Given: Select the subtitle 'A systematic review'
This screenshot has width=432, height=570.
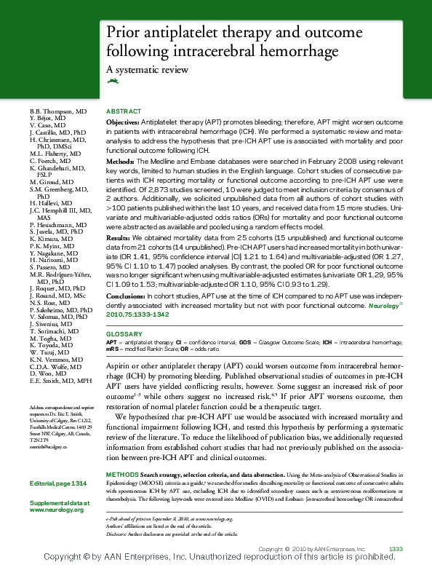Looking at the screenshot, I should tap(148, 70).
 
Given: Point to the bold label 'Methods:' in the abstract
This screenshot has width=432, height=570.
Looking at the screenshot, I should tap(121, 159).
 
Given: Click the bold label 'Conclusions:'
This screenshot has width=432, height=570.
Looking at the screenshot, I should tap(125, 296).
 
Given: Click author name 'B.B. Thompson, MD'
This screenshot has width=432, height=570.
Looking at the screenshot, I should tap(58, 111).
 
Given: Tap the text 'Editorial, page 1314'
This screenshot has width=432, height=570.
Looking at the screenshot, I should tap(58, 484).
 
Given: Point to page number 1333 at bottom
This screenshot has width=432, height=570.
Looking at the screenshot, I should tap(396, 548).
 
